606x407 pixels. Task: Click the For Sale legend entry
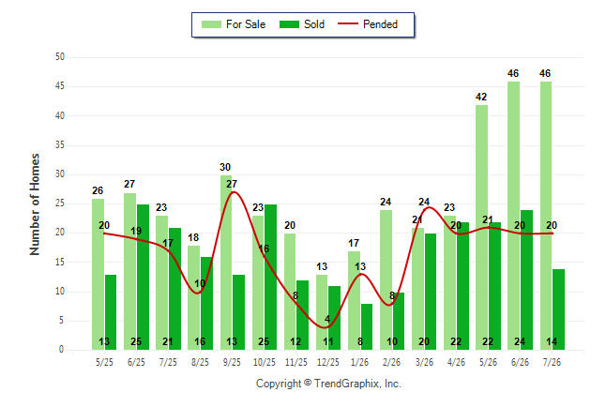click(x=234, y=24)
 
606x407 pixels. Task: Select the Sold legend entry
click(x=302, y=24)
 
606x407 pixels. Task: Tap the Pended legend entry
click(x=368, y=24)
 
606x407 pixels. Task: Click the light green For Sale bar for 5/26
click(x=481, y=227)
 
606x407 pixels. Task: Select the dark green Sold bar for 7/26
click(x=558, y=309)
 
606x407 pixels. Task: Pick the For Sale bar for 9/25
click(x=226, y=263)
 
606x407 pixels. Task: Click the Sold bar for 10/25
click(x=270, y=278)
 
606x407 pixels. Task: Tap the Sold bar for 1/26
click(x=367, y=326)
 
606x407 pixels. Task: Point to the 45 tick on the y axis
click(x=59, y=86)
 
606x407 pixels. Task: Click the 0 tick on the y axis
click(x=62, y=350)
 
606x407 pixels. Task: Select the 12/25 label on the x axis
click(x=328, y=362)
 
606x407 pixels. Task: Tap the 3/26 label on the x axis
click(x=424, y=362)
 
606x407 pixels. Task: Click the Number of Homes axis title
click(x=35, y=204)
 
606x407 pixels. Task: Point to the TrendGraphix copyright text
click(x=328, y=384)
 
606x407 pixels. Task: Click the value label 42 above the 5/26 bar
click(x=481, y=97)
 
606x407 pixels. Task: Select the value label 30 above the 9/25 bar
click(x=225, y=167)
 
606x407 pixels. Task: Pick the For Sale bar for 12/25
click(x=322, y=312)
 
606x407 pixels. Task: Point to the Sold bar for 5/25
click(x=111, y=312)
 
